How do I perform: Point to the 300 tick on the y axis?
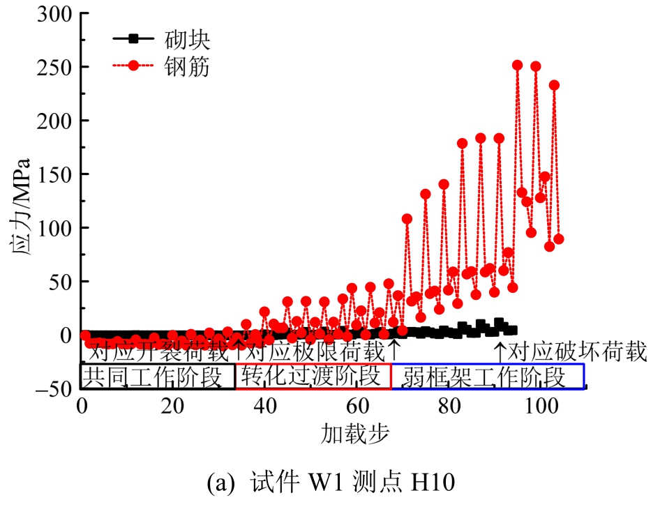coord(54,14)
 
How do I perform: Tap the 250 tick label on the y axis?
coord(54,68)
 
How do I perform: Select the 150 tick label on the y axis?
coord(54,174)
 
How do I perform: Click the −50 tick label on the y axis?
coord(50,389)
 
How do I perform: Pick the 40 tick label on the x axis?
coord(265,406)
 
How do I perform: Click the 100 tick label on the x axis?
coord(539,406)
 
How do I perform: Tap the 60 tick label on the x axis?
coord(357,406)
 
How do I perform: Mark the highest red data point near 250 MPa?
coord(518,65)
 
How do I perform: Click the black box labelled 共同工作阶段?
coord(158,377)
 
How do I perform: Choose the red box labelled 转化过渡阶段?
coord(313,377)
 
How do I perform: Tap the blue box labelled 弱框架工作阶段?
coord(488,377)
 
